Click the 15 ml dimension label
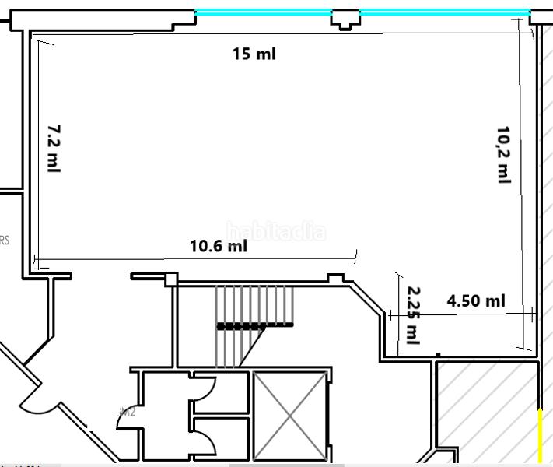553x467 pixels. [x=254, y=54]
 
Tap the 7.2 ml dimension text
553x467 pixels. [x=53, y=148]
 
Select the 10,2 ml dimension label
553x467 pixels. [x=504, y=154]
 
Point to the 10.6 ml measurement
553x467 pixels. [x=219, y=247]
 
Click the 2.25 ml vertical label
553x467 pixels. [x=413, y=314]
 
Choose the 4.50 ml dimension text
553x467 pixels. [x=476, y=301]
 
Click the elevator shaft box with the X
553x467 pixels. [x=289, y=415]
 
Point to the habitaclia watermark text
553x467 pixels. [x=276, y=231]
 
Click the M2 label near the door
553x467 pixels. [x=128, y=413]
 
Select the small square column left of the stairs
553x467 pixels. [x=171, y=279]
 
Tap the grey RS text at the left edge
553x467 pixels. [x=5, y=241]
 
